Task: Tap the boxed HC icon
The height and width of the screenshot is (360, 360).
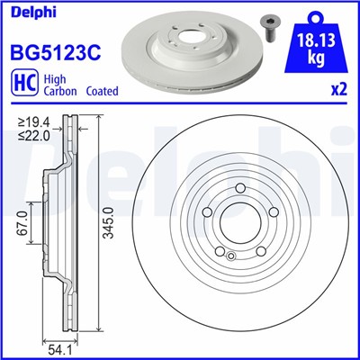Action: (20, 85)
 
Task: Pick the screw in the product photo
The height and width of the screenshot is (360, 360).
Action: (268, 26)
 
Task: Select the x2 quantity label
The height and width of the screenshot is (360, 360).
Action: (338, 92)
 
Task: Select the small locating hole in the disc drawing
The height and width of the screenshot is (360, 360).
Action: (231, 256)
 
